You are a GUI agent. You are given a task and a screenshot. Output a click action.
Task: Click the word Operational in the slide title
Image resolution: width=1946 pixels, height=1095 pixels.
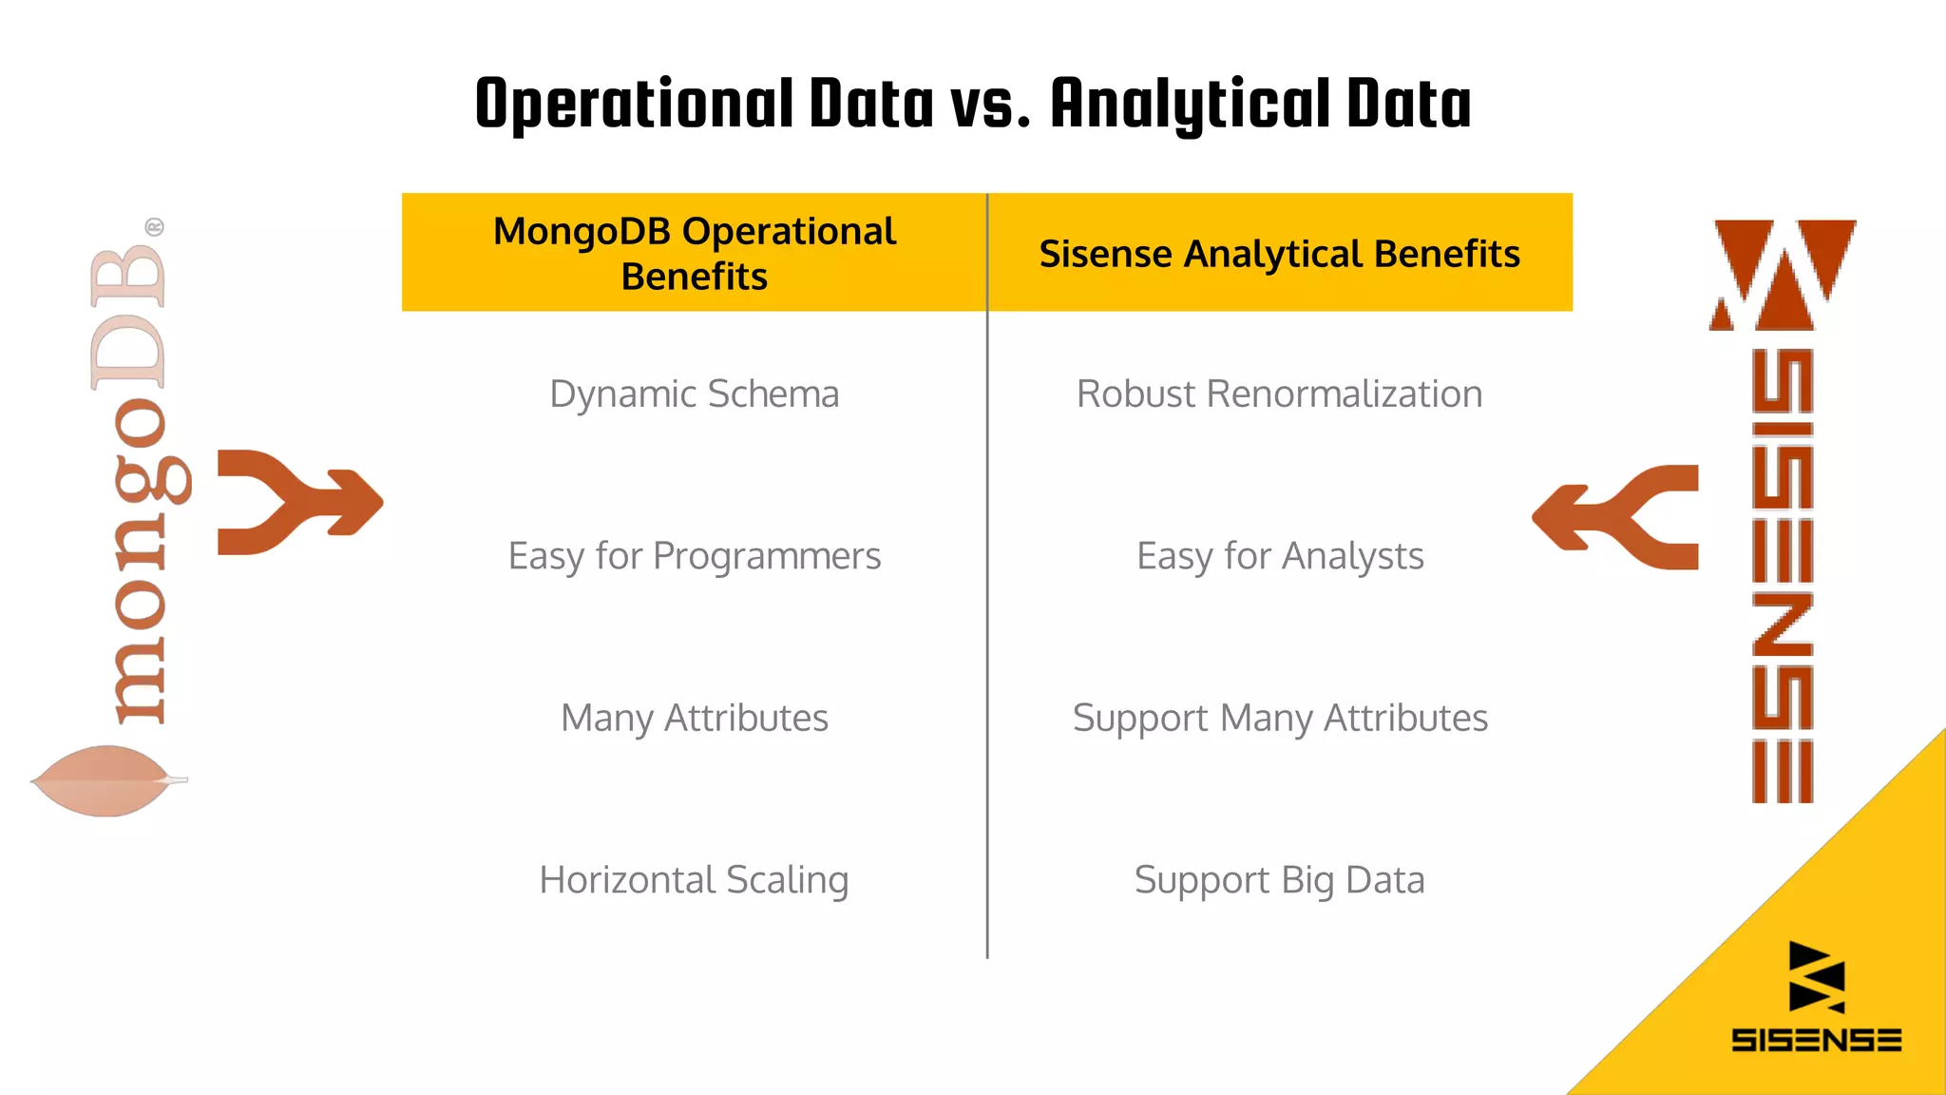(634, 105)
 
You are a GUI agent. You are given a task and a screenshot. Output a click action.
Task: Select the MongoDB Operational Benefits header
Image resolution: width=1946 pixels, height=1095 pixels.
(694, 253)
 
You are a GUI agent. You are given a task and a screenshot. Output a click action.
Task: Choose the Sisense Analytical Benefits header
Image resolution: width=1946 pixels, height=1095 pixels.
(1279, 254)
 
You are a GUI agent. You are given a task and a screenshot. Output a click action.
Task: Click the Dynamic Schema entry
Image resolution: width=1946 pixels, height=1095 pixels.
(694, 394)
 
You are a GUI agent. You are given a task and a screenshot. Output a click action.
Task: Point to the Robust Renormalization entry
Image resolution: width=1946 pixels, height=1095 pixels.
(1279, 394)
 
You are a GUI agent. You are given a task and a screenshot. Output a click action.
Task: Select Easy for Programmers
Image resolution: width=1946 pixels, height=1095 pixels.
(694, 556)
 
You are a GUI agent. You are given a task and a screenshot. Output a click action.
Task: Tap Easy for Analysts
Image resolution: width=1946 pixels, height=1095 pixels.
(1279, 556)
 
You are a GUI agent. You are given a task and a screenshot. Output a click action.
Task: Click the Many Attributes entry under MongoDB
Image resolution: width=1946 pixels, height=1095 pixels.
(694, 718)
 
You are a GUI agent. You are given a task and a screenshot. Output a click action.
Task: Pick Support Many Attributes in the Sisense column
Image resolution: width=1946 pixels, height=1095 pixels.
(1279, 718)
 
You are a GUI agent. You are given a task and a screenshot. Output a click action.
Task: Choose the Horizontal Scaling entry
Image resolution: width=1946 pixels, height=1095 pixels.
(694, 880)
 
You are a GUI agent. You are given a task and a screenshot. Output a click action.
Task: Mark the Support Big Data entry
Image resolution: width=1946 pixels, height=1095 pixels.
(1279, 880)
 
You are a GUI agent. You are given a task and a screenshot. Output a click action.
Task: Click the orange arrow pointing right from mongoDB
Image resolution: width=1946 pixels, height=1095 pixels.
(299, 502)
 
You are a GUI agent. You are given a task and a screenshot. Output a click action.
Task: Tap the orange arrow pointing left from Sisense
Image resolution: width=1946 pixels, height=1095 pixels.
(1615, 517)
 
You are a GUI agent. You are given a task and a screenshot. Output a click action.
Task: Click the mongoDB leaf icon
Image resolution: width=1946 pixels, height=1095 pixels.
(106, 780)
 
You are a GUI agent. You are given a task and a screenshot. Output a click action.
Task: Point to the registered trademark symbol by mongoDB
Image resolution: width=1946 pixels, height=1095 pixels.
(154, 227)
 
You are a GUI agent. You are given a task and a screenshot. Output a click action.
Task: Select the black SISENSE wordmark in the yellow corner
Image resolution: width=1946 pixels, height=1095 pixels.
(1816, 1040)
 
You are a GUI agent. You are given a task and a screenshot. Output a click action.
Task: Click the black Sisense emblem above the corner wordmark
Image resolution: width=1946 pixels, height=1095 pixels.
(1815, 977)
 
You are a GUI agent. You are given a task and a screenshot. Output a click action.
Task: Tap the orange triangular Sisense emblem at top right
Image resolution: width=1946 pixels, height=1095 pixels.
(1783, 275)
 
